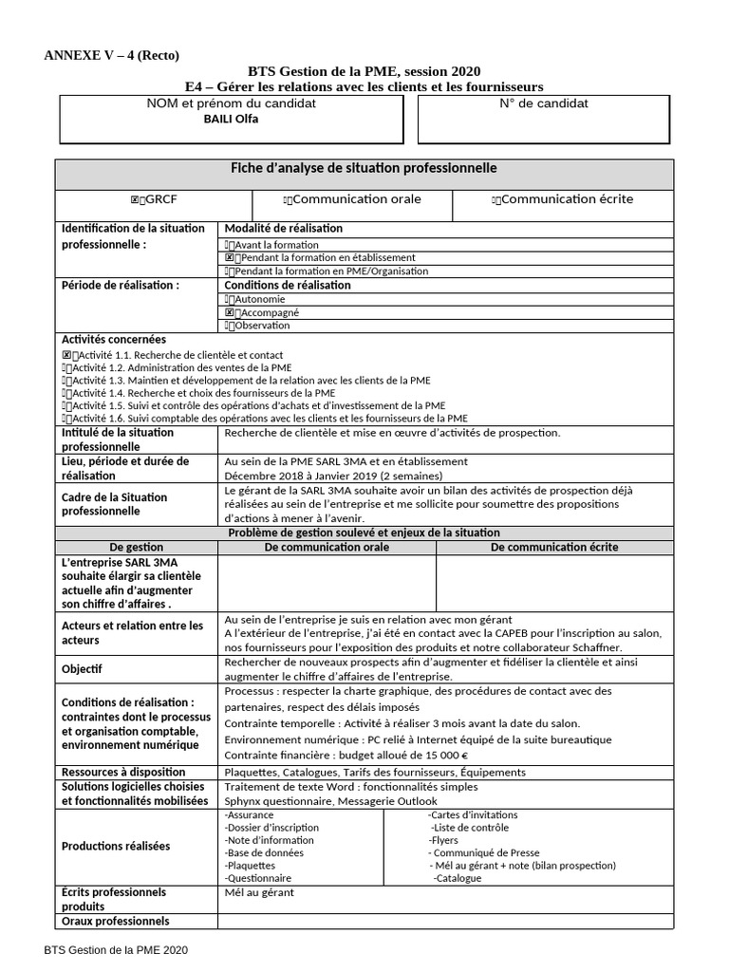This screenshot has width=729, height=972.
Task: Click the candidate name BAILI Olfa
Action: [x=233, y=120]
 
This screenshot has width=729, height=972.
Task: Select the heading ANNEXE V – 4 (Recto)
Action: [x=111, y=54]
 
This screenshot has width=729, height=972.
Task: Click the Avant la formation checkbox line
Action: [x=271, y=244]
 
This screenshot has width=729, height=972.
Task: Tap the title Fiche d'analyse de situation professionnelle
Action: [x=364, y=169]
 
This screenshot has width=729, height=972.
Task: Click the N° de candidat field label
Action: [x=543, y=103]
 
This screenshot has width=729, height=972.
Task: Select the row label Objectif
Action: [x=82, y=668]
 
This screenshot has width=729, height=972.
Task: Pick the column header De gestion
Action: [x=137, y=547]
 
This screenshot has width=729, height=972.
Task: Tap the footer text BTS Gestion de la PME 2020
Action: [x=116, y=949]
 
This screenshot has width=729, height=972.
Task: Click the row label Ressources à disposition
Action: [x=123, y=772]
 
